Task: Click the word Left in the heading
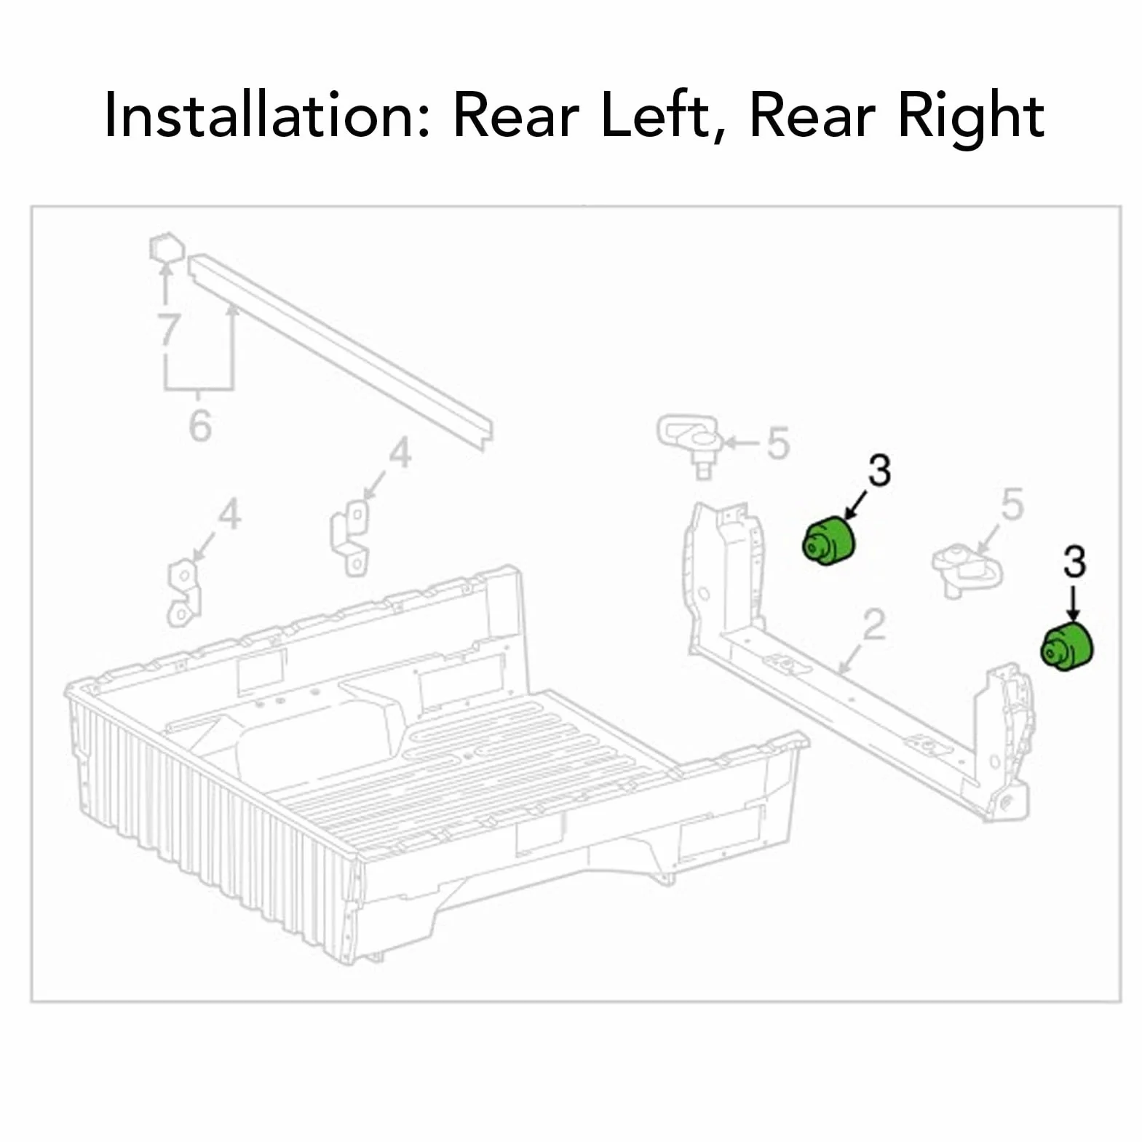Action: pyautogui.click(x=655, y=116)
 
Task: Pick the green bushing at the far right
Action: pyautogui.click(x=1067, y=646)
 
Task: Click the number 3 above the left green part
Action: pyautogui.click(x=879, y=471)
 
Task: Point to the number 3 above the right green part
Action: pyautogui.click(x=1074, y=562)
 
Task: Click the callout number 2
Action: pyautogui.click(x=874, y=625)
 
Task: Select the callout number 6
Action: pyautogui.click(x=200, y=425)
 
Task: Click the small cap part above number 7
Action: pyautogui.click(x=165, y=247)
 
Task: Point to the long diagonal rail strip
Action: pyautogui.click(x=340, y=352)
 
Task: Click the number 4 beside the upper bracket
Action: pyautogui.click(x=400, y=453)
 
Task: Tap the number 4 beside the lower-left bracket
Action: pyautogui.click(x=229, y=514)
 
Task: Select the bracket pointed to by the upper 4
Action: pyautogui.click(x=350, y=538)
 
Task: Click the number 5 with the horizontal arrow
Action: pyautogui.click(x=778, y=443)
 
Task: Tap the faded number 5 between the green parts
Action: pyautogui.click(x=1012, y=504)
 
